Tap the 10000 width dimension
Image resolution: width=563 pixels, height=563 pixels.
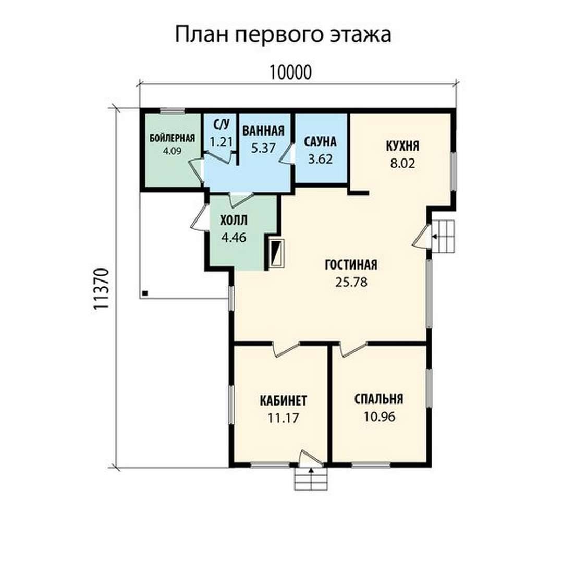290,72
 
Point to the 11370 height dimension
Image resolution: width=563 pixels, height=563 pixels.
101,289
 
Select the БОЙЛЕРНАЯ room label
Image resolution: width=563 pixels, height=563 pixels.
172,138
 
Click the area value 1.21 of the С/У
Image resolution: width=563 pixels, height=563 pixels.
221,142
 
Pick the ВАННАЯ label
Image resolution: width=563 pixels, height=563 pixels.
263,131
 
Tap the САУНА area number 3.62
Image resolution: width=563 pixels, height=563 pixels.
320,159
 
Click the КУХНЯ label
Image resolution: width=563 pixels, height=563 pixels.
402,146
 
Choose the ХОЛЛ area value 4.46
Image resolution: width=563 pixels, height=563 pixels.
234,237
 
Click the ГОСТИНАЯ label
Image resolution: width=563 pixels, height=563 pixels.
351,265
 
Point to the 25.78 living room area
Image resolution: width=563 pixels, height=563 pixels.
351,282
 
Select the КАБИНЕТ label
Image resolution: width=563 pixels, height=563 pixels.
283,400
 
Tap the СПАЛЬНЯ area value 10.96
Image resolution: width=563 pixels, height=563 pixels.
379,417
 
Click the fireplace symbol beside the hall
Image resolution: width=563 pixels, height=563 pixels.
277,253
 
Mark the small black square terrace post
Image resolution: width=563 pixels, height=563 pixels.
145,293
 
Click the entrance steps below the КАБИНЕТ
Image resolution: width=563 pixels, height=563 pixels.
311,479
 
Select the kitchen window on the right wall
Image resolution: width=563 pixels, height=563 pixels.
454,172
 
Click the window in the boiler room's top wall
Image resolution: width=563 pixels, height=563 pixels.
172,111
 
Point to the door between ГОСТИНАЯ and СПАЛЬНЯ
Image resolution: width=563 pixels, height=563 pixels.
353,349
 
